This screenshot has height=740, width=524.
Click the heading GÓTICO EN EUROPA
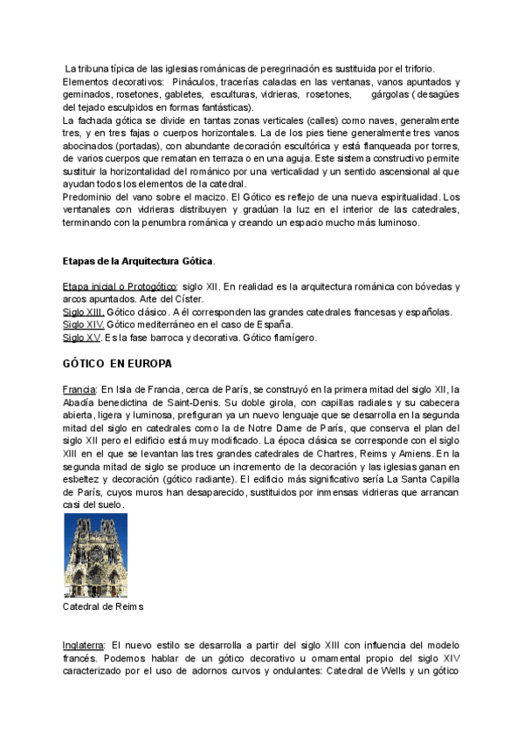point(117,363)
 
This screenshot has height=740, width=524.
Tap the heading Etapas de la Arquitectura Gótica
point(138,261)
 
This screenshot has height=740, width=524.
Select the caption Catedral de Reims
point(103,606)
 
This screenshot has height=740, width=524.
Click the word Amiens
point(431,455)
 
